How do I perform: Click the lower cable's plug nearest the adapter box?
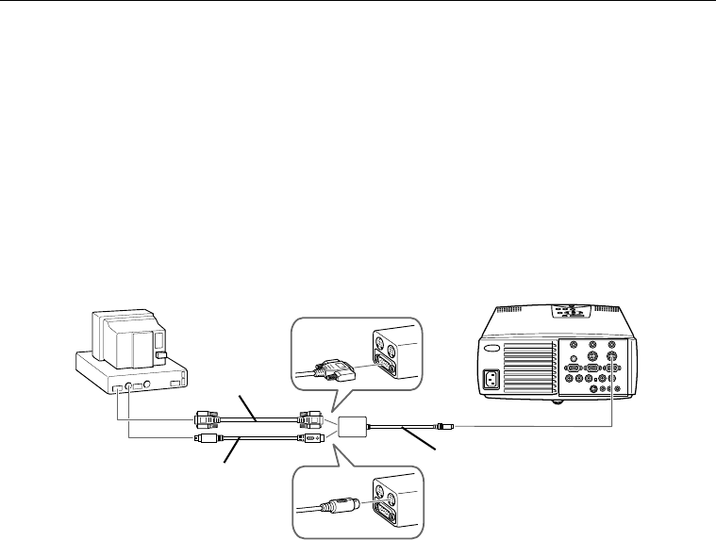311,439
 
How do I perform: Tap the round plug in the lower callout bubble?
330,505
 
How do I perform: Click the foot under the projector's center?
556,400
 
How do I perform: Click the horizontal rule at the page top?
358,2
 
